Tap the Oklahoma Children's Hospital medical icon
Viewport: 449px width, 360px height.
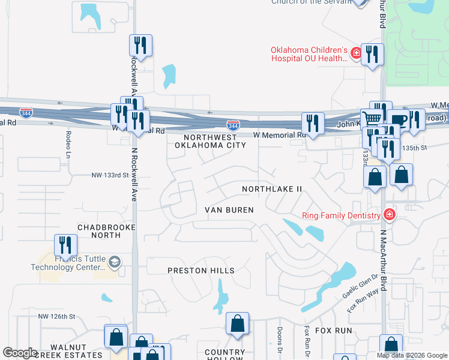point(356,53)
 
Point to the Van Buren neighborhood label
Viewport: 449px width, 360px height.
point(229,210)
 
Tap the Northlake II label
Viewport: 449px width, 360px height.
point(272,189)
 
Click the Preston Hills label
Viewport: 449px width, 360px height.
point(201,271)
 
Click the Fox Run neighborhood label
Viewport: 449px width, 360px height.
point(333,331)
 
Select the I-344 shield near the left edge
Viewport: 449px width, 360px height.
point(26,112)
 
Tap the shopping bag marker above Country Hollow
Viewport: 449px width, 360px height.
point(238,323)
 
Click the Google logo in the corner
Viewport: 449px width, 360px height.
point(20,353)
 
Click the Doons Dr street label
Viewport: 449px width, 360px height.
point(280,340)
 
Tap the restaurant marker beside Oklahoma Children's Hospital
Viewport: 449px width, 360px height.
point(372,55)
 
